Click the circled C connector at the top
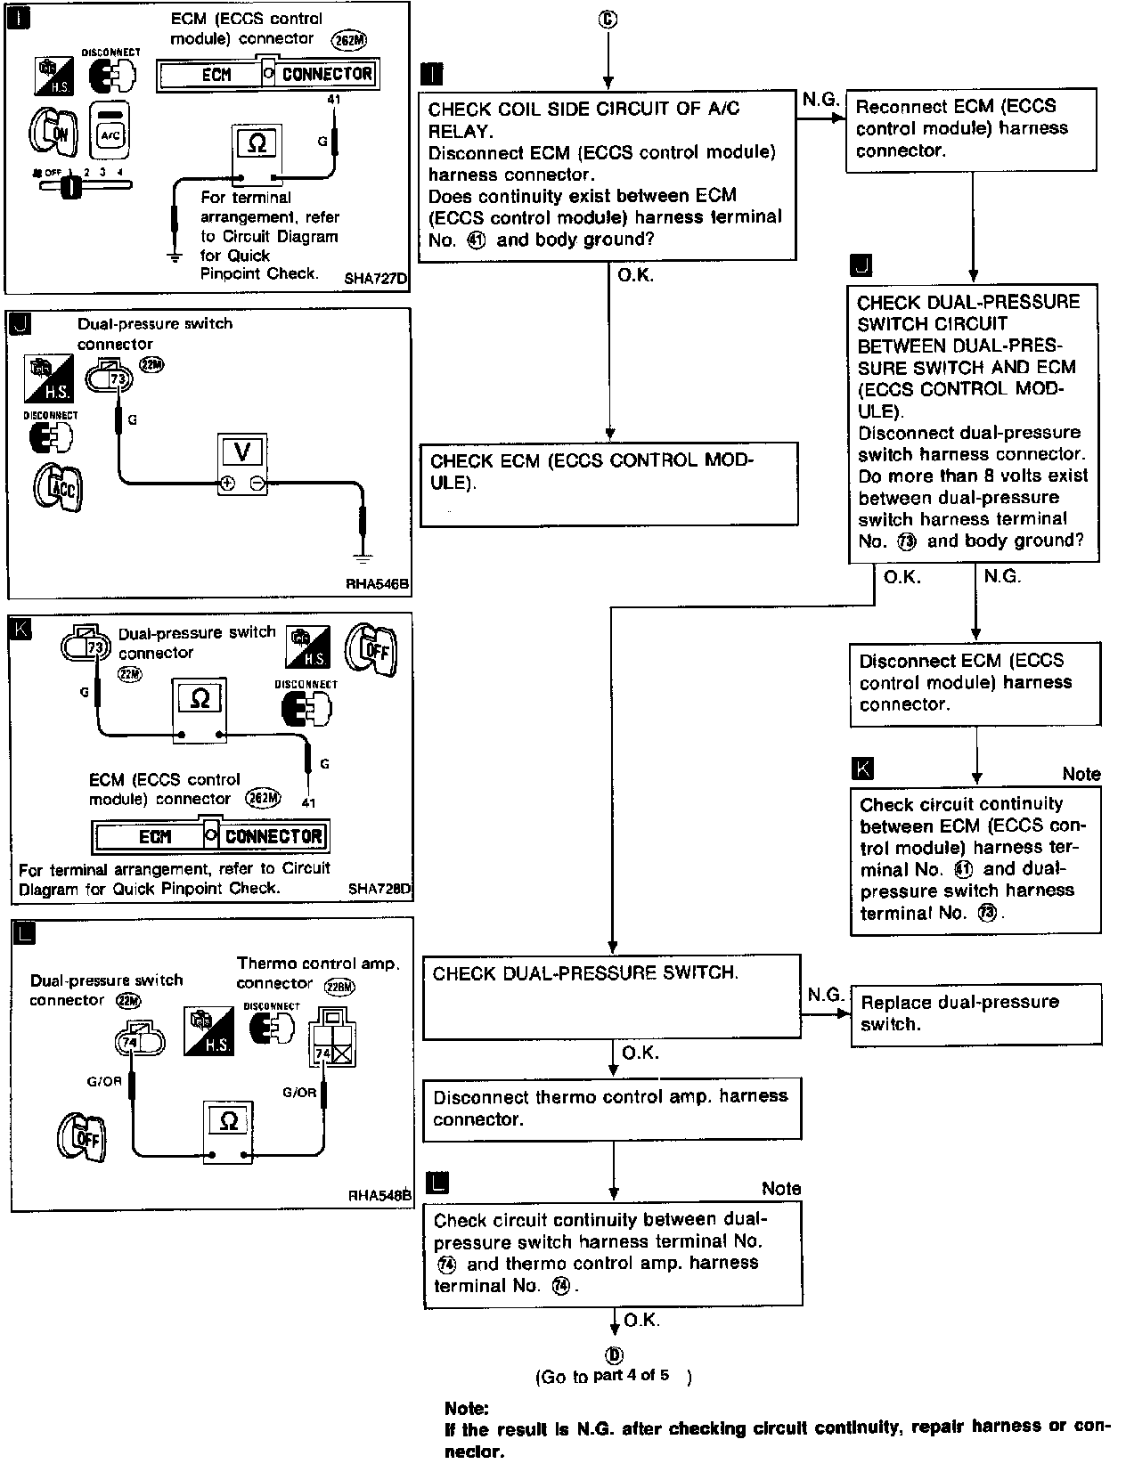(608, 20)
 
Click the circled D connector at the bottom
(615, 1354)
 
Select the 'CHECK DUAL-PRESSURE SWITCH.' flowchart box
(612, 996)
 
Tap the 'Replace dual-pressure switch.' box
(976, 1014)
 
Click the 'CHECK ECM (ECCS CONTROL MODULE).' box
(609, 484)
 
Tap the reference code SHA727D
(375, 278)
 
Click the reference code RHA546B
(378, 584)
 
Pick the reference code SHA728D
(379, 889)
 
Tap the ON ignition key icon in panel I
(53, 132)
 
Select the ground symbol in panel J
(363, 557)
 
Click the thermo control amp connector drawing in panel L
(332, 1037)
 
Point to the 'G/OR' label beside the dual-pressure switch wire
(104, 1081)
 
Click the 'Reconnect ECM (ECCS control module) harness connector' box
(971, 130)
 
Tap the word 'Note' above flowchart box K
(1081, 774)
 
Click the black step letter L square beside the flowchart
(438, 1183)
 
